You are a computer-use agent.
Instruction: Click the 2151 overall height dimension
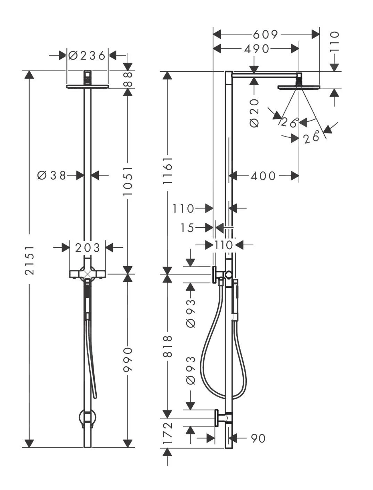coord(30,260)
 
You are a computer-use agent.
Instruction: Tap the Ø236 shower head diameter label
coord(87,56)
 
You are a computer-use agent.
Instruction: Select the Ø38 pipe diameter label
coord(51,175)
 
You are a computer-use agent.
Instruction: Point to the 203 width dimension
coord(87,247)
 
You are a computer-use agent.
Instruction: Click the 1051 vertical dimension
coord(128,181)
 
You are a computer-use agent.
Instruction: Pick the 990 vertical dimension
coord(128,359)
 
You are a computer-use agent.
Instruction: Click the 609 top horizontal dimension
coord(265,34)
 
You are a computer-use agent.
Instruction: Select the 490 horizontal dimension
coord(257,49)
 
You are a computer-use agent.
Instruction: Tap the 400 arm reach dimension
coord(263,176)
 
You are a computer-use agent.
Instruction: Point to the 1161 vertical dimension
coord(168,171)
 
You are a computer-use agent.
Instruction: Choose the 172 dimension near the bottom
coord(168,433)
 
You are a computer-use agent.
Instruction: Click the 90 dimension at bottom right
coord(258,438)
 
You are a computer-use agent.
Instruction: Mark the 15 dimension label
coord(187,228)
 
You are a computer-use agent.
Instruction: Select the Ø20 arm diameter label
coord(254,113)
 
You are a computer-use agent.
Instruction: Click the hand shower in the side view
coord(235,300)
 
